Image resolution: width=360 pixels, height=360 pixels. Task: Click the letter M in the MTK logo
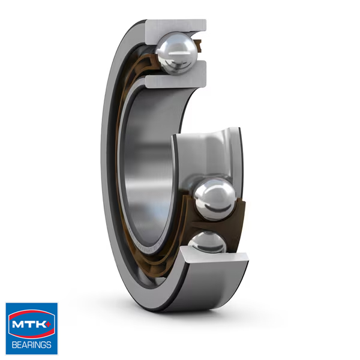tap(18, 326)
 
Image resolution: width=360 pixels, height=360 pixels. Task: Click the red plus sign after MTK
tap(52, 323)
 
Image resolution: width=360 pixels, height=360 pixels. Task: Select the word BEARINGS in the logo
tap(32, 344)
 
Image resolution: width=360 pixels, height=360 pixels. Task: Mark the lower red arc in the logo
tap(31, 337)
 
